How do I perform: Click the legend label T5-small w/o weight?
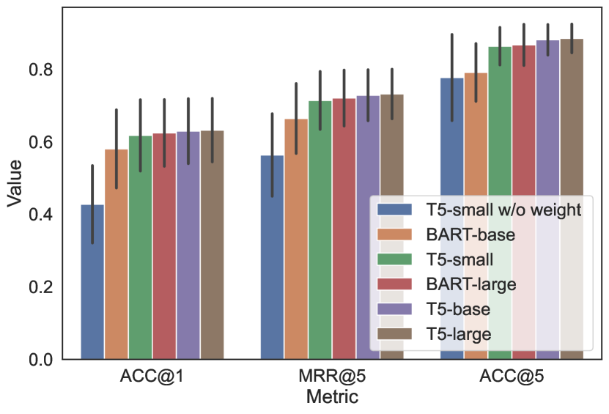(x=503, y=210)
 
